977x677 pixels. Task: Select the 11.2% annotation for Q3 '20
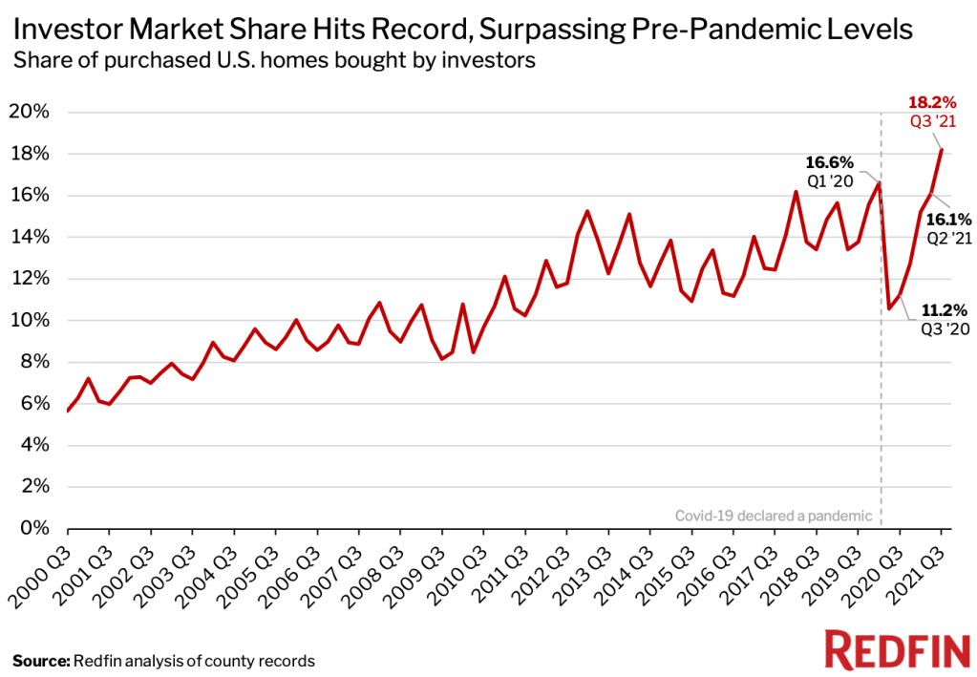945,309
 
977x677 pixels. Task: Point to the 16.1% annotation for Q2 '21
951,218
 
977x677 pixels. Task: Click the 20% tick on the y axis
31,113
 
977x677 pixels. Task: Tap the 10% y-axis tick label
31,321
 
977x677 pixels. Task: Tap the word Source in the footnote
39,661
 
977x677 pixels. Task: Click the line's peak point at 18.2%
942,150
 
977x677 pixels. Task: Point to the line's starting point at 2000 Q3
68,411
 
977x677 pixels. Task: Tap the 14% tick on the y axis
31,238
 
